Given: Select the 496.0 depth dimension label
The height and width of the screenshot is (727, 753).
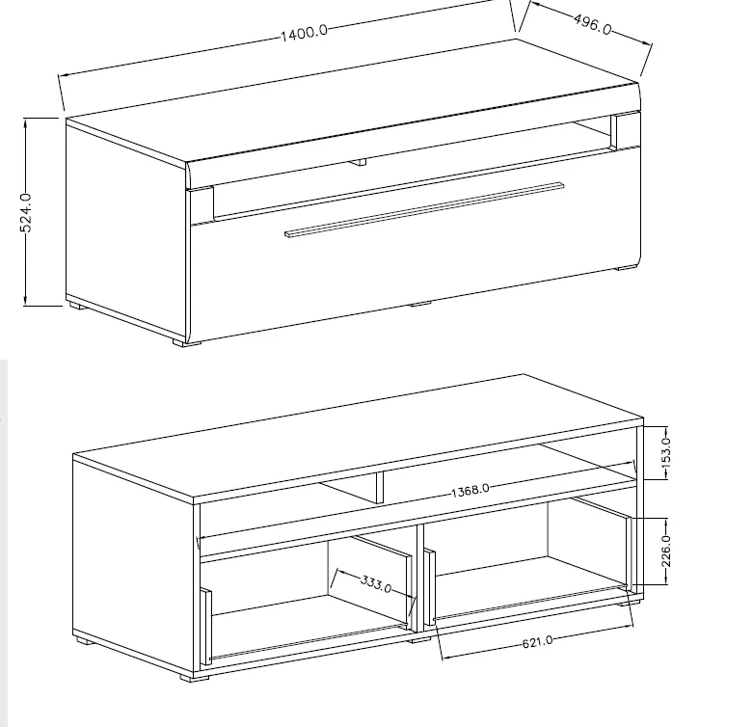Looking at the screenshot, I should click(x=592, y=24).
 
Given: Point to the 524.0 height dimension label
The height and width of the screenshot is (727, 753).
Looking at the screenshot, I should click(x=26, y=211).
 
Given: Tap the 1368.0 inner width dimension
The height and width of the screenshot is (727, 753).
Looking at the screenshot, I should click(x=471, y=490).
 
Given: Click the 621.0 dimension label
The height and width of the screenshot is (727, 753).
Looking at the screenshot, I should click(x=537, y=640).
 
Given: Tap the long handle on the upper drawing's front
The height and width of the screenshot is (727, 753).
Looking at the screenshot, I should click(x=424, y=207).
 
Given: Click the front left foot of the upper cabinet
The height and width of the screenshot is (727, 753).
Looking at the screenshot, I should click(x=186, y=341).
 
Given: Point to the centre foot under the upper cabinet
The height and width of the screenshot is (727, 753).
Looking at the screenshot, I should click(x=419, y=305).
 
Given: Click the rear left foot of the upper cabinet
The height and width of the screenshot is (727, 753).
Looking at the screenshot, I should click(x=74, y=307).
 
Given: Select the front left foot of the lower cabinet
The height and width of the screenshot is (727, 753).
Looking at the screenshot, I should click(x=199, y=678).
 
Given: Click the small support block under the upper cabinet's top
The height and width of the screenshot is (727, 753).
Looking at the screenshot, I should click(x=359, y=161).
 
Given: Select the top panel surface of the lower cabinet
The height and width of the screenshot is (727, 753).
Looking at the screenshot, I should click(x=357, y=434).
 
